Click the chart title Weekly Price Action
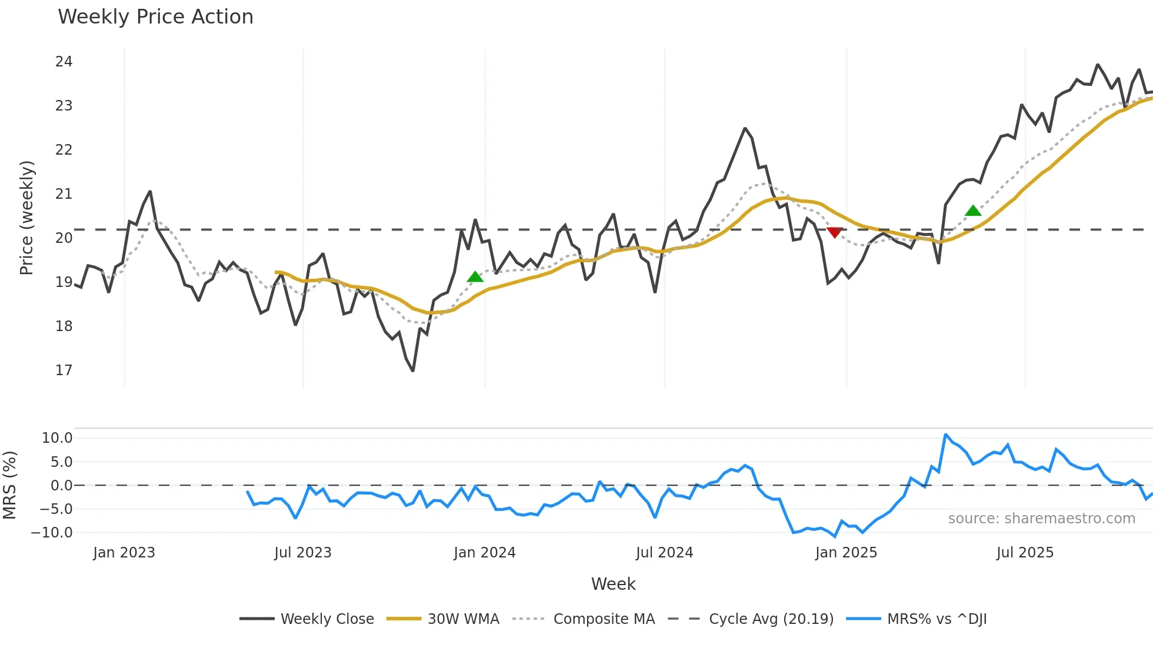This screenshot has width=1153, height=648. tap(155, 17)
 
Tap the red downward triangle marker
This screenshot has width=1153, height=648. tap(834, 232)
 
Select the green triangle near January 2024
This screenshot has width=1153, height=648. tap(475, 277)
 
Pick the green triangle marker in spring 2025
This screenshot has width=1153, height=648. tap(973, 211)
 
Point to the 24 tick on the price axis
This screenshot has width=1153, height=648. tap(64, 62)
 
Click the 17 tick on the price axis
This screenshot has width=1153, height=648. tap(64, 370)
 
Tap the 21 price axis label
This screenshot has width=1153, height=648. tap(64, 194)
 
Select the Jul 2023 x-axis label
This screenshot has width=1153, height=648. tap(303, 553)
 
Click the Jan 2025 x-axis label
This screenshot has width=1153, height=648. tap(846, 553)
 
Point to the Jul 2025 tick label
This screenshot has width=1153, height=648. tap(1025, 553)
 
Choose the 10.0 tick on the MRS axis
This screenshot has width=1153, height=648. tap(57, 438)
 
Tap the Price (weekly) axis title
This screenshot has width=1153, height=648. tap(27, 218)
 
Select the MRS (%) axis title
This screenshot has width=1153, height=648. tap(10, 485)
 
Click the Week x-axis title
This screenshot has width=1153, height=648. tap(613, 584)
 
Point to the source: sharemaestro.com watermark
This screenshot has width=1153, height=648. tap(1041, 519)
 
